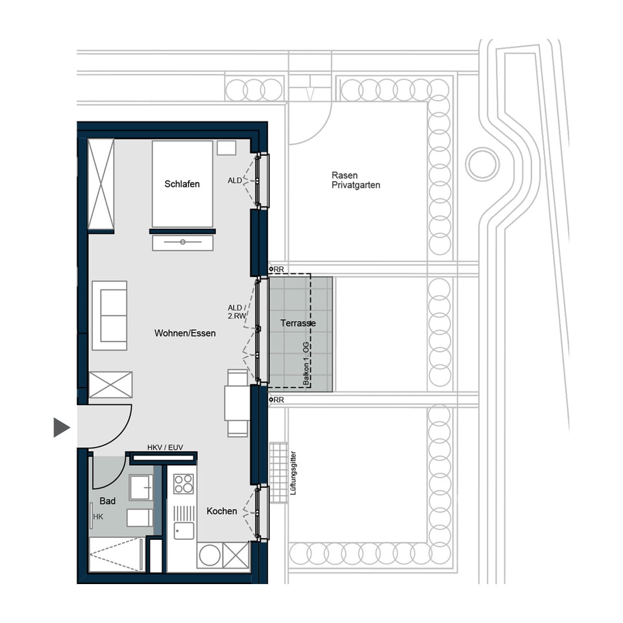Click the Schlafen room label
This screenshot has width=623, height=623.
182,184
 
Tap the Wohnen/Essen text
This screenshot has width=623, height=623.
185,334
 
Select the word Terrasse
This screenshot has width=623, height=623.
298,323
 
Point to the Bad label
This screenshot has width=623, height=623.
108,501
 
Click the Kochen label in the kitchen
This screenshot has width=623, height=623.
222,511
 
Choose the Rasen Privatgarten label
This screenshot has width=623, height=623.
356,180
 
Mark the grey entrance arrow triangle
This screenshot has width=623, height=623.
61,427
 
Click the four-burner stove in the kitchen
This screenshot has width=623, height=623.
184,483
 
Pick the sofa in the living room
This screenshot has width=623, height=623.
110,315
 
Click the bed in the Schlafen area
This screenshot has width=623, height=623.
182,184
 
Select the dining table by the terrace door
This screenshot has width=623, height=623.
237,403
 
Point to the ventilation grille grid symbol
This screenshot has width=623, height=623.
278,472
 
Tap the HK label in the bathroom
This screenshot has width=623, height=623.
98,517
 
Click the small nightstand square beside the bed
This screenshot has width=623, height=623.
226,148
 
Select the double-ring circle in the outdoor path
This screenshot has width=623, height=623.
483,164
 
